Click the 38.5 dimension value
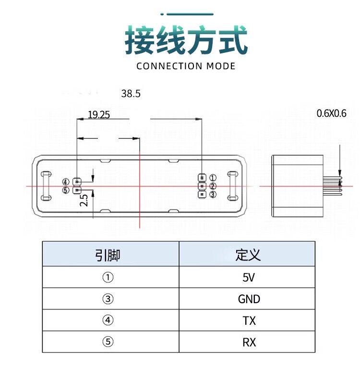click(131, 94)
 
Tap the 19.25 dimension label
click(99, 115)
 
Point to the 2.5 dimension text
click(84, 200)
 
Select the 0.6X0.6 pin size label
click(331, 113)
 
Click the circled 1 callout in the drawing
click(213, 178)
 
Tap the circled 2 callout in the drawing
click(213, 186)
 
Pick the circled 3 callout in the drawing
click(213, 195)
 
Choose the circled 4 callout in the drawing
click(66, 182)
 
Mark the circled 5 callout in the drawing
click(66, 190)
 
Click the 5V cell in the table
click(249, 277)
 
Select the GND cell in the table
click(249, 299)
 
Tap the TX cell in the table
click(249, 321)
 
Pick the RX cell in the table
click(249, 343)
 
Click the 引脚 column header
click(108, 255)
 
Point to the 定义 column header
click(248, 255)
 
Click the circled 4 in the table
click(108, 320)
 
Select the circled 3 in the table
click(108, 299)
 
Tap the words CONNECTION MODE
click(186, 66)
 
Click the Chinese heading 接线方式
click(186, 40)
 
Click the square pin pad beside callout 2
click(202, 186)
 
